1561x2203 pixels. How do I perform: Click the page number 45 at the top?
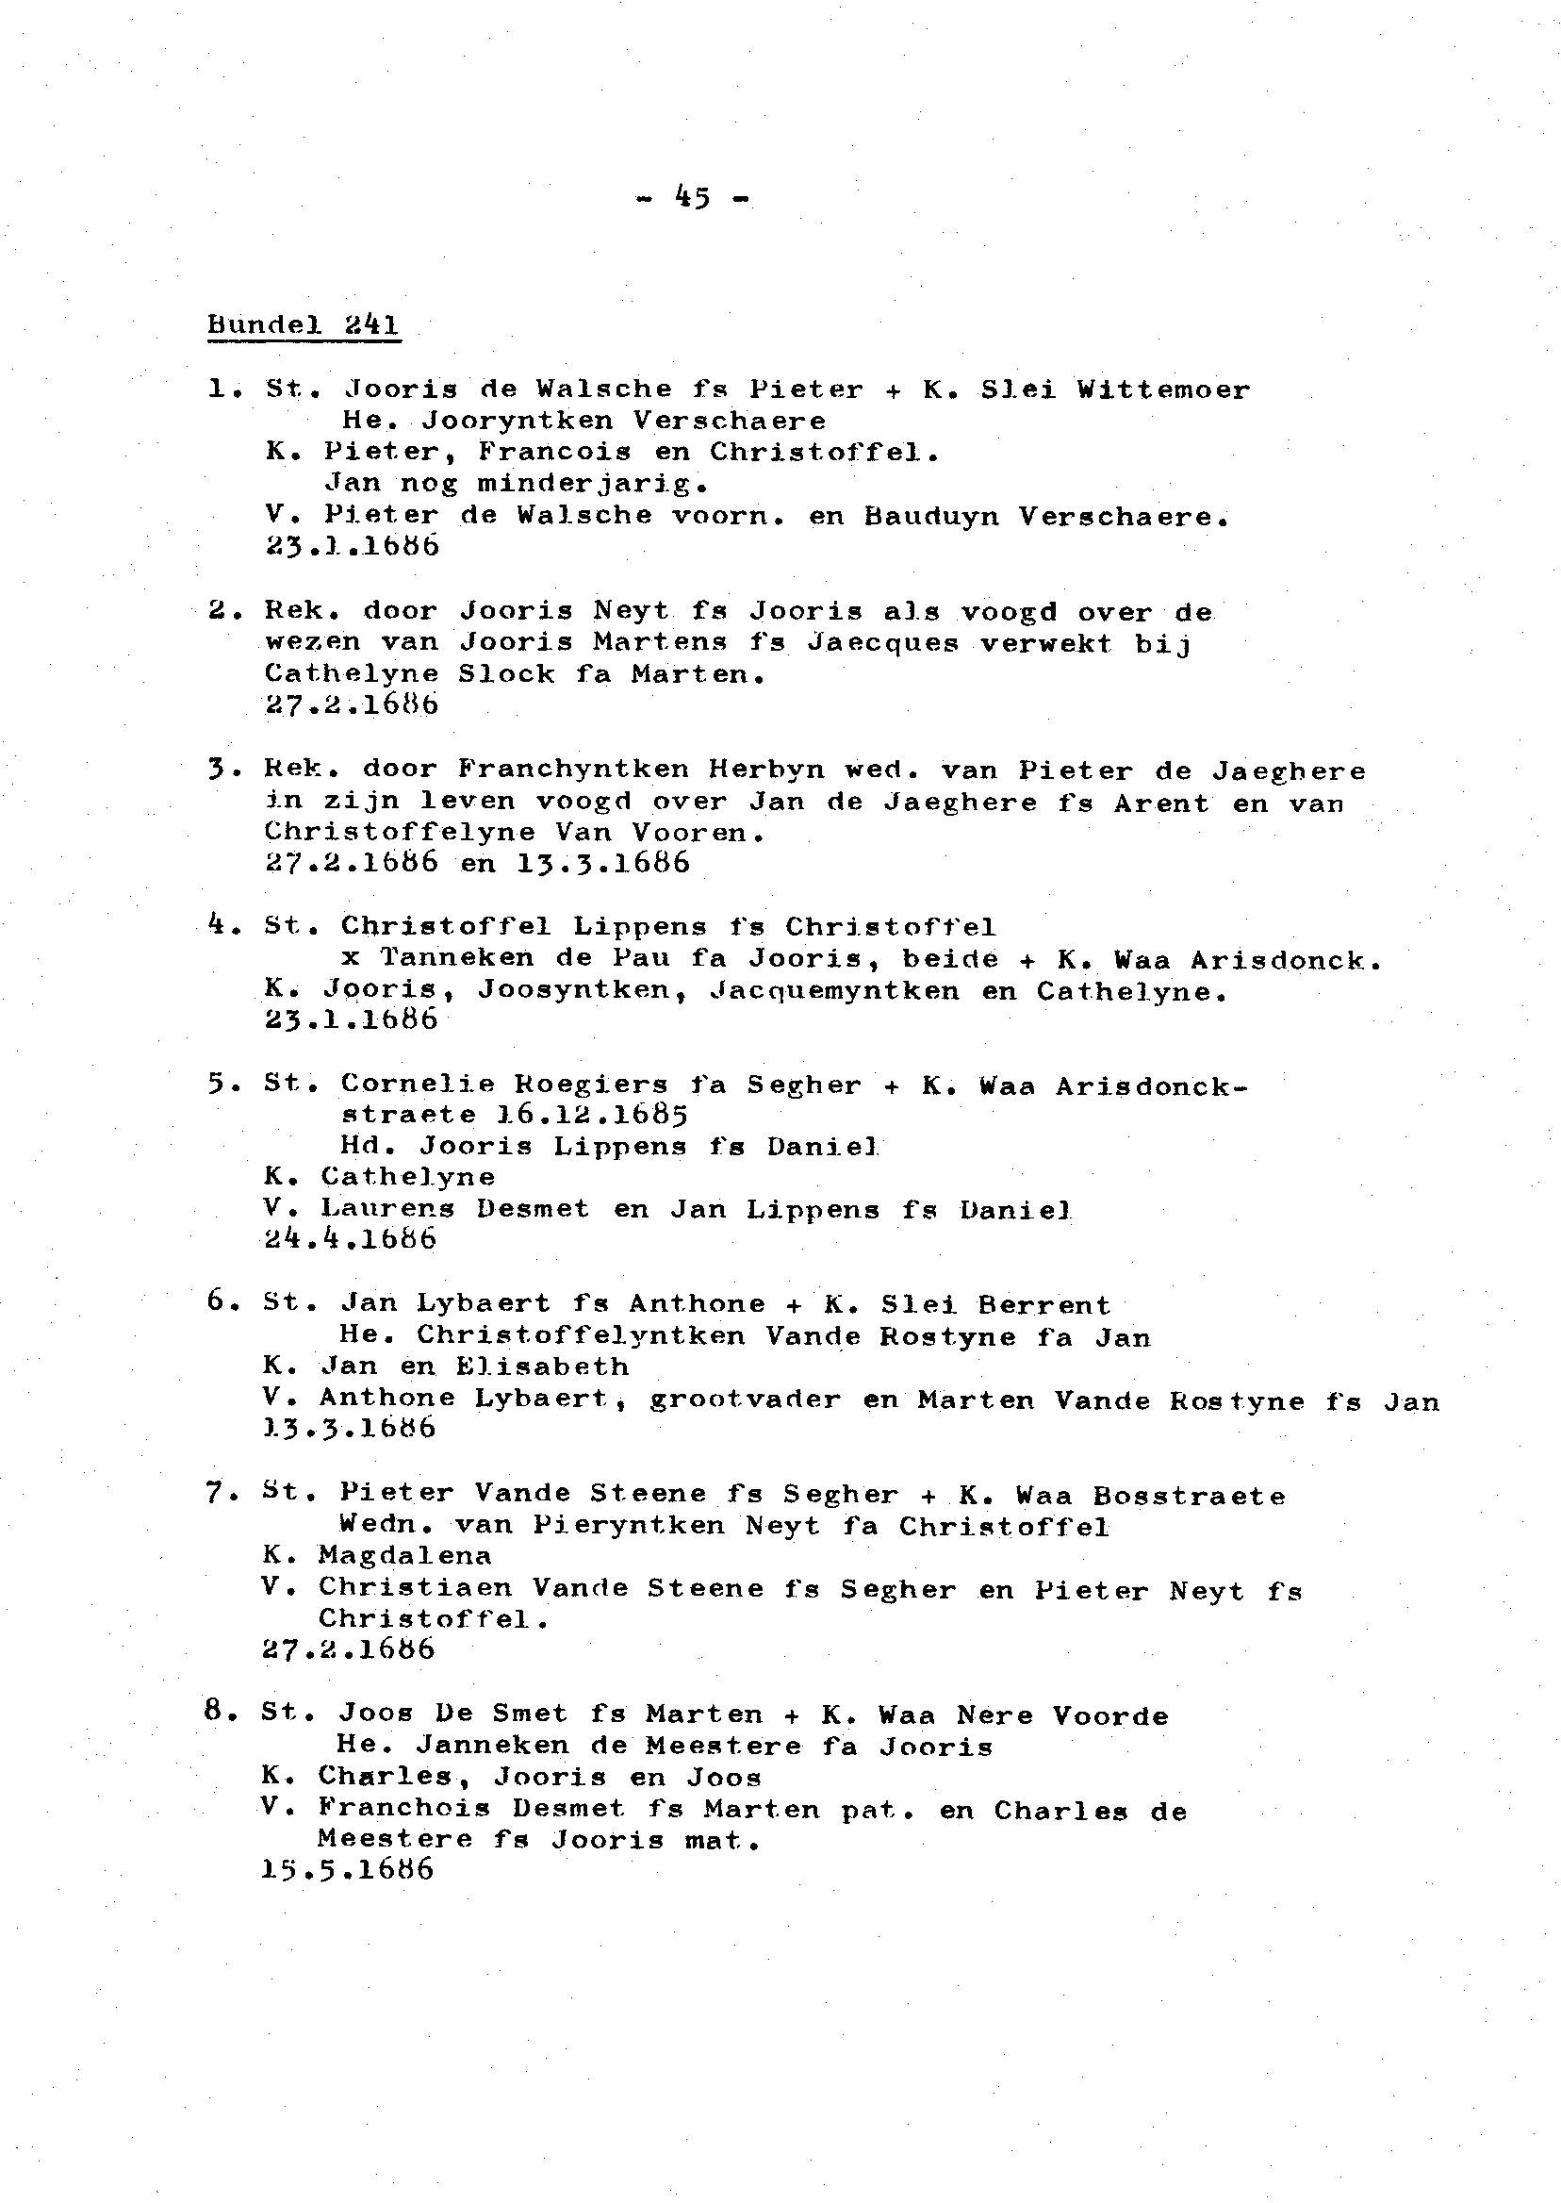692,198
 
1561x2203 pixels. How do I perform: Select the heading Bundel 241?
303,325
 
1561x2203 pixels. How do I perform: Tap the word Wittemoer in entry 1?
1163,390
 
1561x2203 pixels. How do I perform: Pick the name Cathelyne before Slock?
351,674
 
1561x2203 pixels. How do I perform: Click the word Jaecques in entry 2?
882,642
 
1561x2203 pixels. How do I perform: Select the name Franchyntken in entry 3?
573,770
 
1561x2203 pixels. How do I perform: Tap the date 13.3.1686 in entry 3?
602,863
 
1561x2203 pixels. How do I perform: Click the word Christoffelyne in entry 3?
399,832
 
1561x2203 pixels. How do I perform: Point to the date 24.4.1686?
350,1239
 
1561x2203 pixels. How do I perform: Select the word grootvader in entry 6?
745,1401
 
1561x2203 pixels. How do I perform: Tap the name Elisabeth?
541,1367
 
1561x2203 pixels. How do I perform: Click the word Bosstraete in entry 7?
1188,1497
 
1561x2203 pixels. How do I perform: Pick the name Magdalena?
404,1555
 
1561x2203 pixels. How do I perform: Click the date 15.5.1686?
347,1870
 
